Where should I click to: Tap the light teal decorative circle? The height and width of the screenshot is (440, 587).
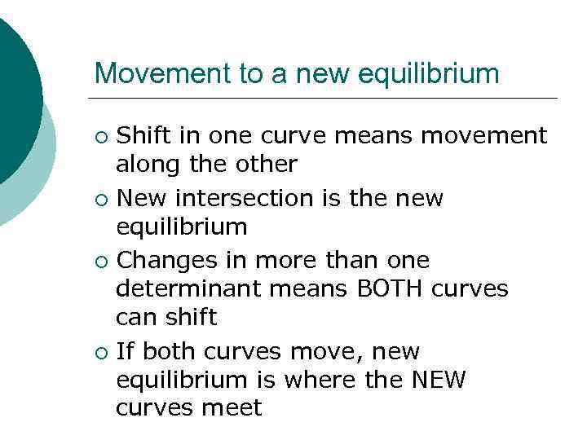coord(37,187)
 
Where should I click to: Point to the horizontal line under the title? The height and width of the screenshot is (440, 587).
coord(326,99)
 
